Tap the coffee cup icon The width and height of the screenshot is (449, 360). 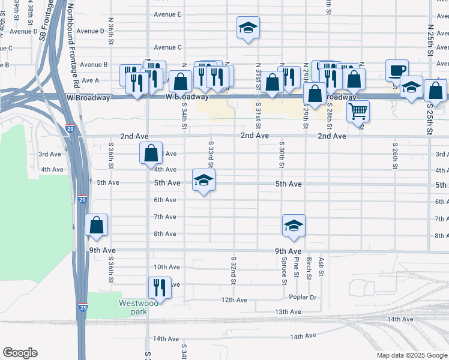point(397,70)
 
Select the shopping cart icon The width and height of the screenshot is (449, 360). point(357,110)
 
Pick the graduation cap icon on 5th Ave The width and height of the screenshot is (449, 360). point(204,179)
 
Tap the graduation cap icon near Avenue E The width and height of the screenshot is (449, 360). point(247,27)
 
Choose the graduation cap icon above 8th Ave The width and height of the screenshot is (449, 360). point(294,225)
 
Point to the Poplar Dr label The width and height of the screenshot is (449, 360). point(303,297)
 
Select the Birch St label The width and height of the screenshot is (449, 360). point(309,268)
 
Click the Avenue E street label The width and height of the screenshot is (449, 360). point(167,14)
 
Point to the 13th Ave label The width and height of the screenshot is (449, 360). point(288,312)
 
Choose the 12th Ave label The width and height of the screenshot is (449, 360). point(234,299)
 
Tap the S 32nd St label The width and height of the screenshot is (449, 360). point(233,270)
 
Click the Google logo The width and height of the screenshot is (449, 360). point(20,353)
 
